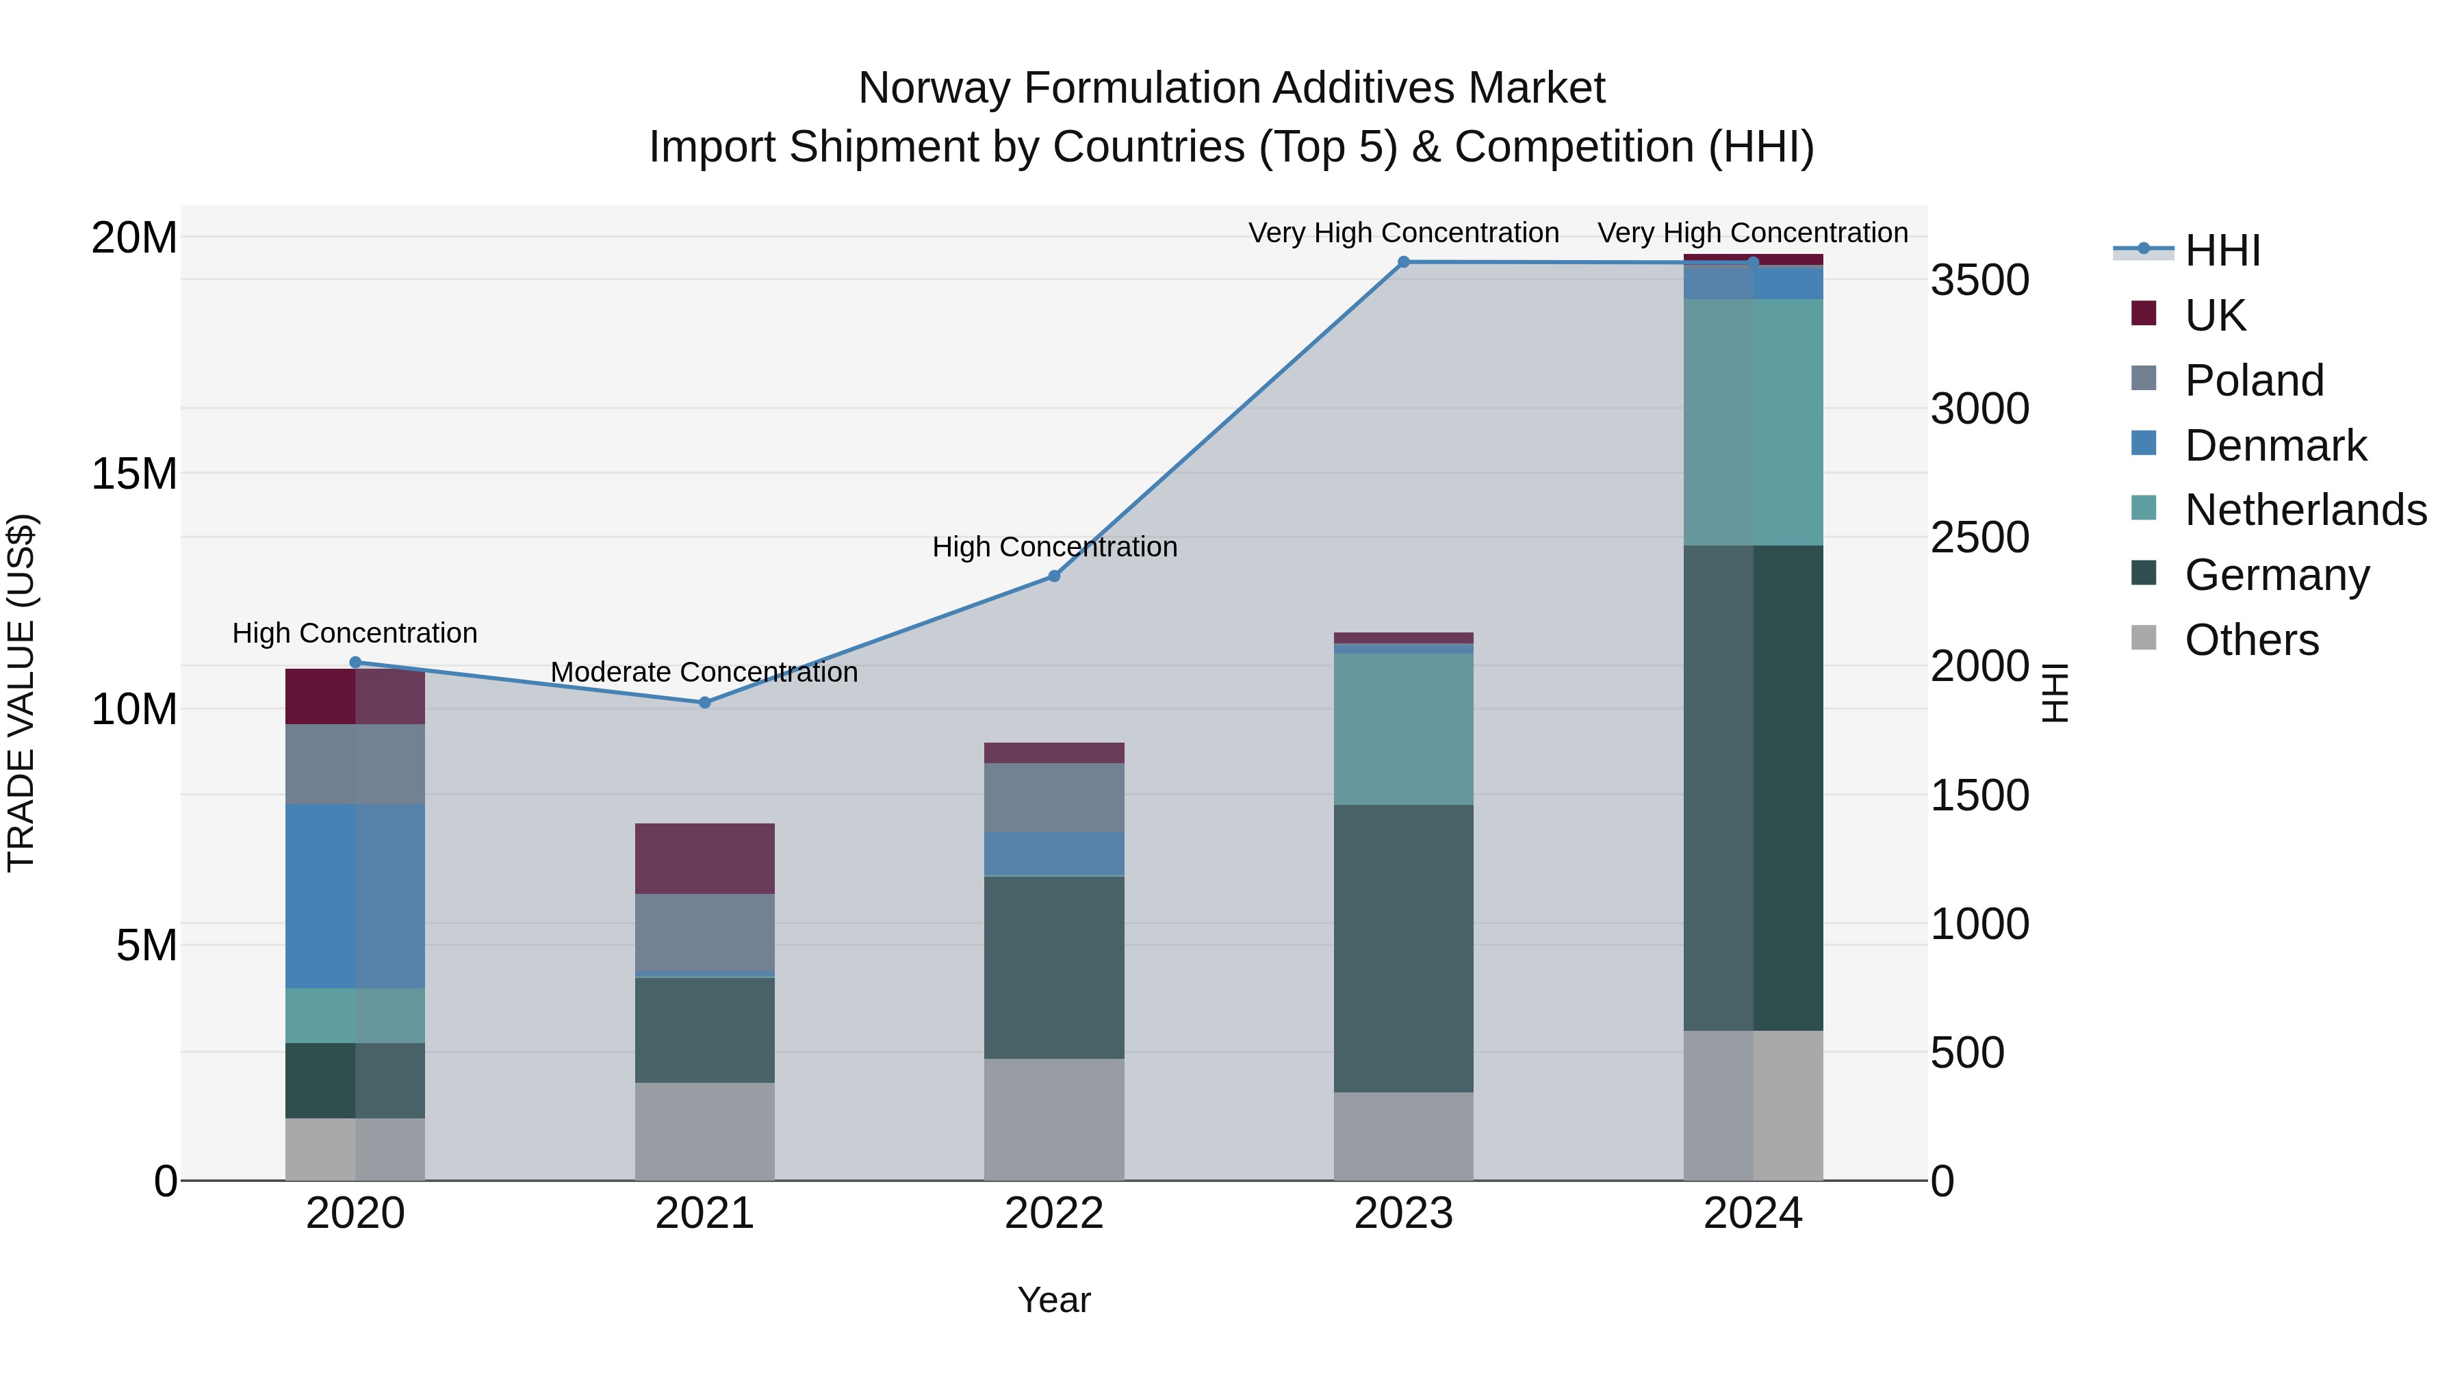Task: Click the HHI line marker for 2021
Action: (704, 702)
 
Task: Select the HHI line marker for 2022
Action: (1054, 576)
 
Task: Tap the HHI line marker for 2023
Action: (1403, 262)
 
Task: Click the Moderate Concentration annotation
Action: (704, 672)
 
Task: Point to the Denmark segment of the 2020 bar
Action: (355, 896)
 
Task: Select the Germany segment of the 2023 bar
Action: (1403, 948)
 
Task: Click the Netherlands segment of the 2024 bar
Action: (1754, 422)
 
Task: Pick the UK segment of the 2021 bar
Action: (704, 858)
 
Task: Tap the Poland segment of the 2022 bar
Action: (1054, 798)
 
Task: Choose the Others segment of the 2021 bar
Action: (704, 1131)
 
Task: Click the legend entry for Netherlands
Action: (2305, 510)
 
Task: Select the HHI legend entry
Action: (2222, 251)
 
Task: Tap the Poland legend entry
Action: (2254, 381)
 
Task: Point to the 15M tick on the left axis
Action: (134, 474)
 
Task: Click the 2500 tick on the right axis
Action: (1979, 537)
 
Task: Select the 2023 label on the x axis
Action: (1403, 1214)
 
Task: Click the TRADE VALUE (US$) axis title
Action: (21, 693)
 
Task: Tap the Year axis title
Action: (1054, 1300)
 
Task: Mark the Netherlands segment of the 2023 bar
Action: (1403, 729)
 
